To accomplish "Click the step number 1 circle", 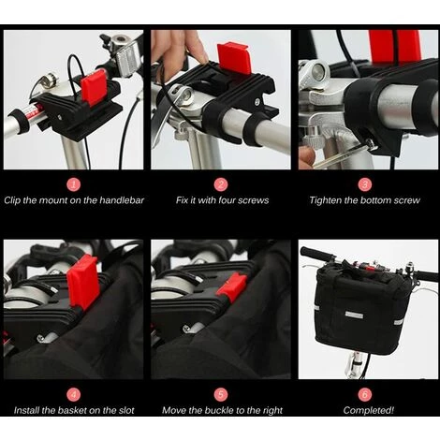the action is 73,184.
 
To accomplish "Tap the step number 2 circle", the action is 221,184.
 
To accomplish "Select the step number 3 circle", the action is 364,184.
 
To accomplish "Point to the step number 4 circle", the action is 73,394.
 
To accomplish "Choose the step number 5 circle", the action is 221,394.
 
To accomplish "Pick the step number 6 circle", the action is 364,394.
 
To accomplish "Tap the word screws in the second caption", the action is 253,200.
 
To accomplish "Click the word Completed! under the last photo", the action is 369,410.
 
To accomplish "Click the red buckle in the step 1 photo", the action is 94,87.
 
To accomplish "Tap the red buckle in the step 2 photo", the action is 234,59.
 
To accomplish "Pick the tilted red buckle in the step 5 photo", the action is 232,287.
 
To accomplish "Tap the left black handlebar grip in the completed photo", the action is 316,254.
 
